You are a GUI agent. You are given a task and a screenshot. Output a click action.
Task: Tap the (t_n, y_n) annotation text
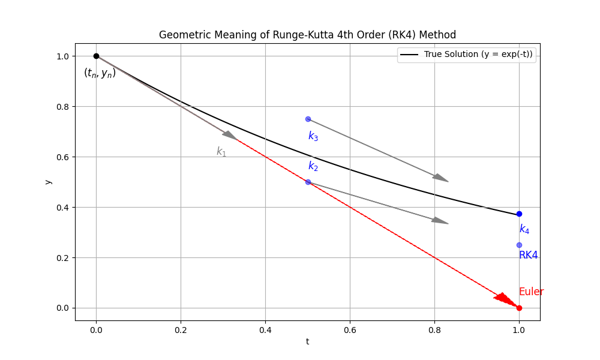(100, 73)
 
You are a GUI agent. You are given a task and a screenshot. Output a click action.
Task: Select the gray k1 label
(221, 152)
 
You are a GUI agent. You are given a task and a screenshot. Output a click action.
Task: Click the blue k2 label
(313, 166)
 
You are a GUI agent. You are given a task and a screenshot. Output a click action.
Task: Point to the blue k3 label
(313, 136)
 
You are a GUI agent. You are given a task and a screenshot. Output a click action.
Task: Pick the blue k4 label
(524, 229)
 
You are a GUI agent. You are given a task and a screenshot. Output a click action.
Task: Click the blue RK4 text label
(528, 255)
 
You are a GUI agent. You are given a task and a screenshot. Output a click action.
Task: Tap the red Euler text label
(531, 292)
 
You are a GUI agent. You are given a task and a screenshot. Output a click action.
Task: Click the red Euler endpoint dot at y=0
(519, 308)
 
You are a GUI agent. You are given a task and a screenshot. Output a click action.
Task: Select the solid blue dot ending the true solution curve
(519, 214)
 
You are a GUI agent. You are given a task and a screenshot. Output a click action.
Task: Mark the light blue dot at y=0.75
(308, 119)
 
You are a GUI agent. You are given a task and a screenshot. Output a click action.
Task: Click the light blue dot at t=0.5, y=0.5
(308, 182)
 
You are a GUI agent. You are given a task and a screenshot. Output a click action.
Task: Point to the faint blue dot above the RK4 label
(519, 245)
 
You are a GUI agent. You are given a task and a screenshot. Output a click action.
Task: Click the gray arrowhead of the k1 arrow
(230, 136)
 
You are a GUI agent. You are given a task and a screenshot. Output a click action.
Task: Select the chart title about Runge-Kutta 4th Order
(307, 35)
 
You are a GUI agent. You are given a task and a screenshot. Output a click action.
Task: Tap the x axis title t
(307, 341)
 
